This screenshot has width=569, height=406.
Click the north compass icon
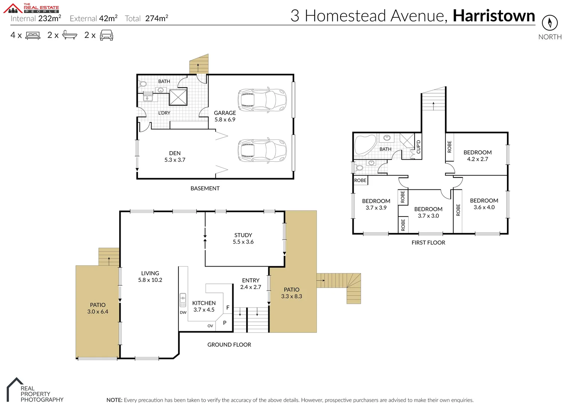point(549,23)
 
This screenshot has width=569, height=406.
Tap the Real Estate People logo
point(32,8)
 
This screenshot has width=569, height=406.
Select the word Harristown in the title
point(493,16)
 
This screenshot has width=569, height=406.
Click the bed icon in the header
point(33,36)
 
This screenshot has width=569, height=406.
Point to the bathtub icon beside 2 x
point(70,35)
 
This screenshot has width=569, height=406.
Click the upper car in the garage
point(262,100)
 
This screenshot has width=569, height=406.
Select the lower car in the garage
point(262,150)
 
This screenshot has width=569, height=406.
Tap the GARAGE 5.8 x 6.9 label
point(225,116)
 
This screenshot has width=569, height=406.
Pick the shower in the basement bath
point(178,97)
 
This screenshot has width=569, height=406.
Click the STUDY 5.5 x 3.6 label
point(243,238)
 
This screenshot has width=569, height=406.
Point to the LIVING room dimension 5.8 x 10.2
point(150,280)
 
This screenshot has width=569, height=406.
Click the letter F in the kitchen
point(228,308)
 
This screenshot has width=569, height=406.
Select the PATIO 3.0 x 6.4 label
point(98,308)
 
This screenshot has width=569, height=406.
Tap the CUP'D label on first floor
point(418,147)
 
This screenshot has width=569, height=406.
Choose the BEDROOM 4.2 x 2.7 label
point(477,156)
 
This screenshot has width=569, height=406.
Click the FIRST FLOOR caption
point(428,242)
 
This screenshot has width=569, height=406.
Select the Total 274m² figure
point(147,18)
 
